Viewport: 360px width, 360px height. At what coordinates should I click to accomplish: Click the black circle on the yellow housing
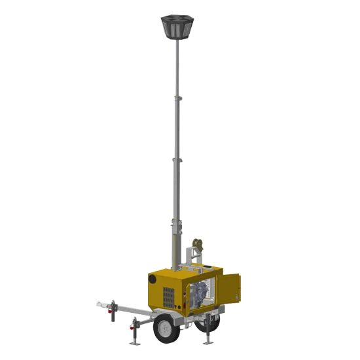pyautogui.click(x=152, y=279)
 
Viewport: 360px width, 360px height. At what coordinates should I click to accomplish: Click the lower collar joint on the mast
pyautogui.click(x=175, y=159)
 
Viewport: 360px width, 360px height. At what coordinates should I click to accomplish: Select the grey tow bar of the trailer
pyautogui.click(x=128, y=309)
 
